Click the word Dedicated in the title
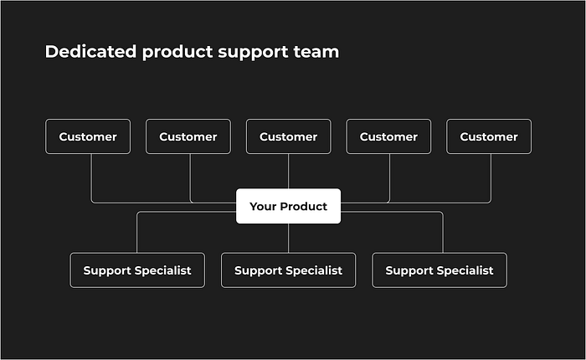click(90, 52)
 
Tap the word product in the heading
click(177, 53)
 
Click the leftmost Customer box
click(88, 136)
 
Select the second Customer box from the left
click(188, 136)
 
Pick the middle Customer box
click(288, 136)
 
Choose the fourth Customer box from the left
click(388, 136)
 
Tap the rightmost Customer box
click(489, 136)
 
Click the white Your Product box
click(288, 206)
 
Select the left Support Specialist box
click(137, 270)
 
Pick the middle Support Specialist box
click(288, 270)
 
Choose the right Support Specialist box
click(439, 270)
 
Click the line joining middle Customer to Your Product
click(288, 172)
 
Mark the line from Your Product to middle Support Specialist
click(288, 238)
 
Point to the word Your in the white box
click(263, 206)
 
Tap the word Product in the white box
click(303, 206)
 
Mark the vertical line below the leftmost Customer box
click(91, 177)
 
